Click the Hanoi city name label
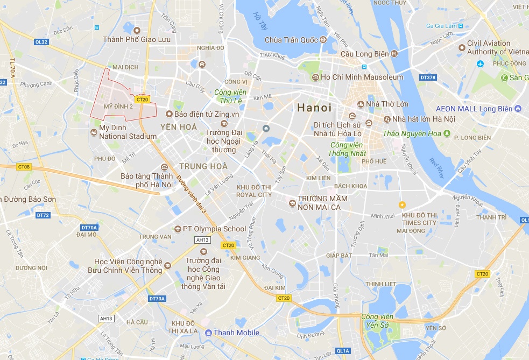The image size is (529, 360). (315, 108)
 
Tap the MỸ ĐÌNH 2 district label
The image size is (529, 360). (118, 106)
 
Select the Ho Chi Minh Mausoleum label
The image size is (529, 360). (362, 77)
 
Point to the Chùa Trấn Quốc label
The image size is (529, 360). (292, 40)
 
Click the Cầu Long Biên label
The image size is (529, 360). (365, 53)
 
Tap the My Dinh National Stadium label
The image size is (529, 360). (128, 132)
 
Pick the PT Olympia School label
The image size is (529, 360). (214, 228)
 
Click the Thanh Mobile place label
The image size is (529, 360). (236, 333)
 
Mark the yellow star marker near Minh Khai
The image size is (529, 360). (401, 204)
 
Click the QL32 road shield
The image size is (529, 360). (41, 41)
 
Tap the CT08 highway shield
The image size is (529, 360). (24, 167)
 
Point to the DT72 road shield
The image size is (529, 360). (43, 215)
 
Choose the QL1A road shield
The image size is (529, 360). (343, 351)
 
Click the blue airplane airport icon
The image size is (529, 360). (481, 64)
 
